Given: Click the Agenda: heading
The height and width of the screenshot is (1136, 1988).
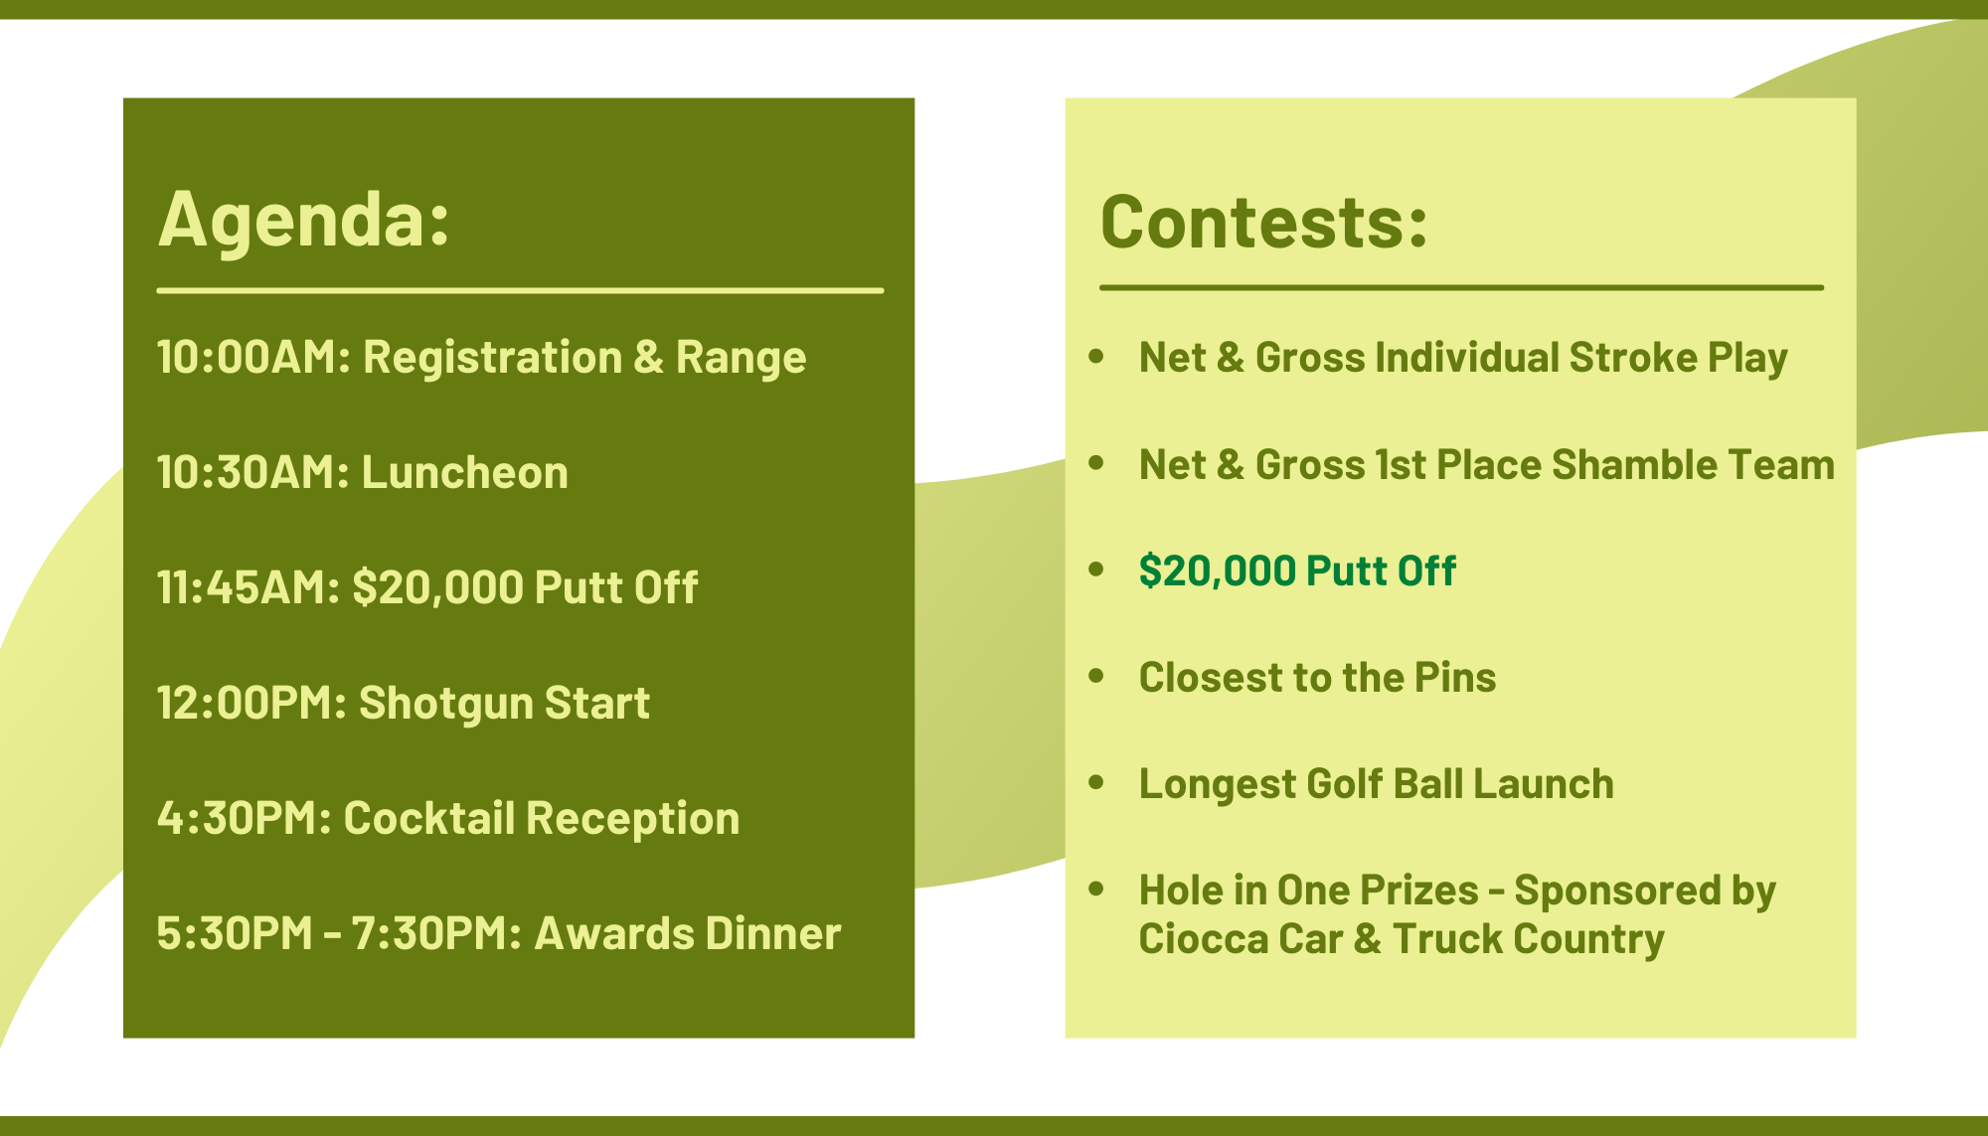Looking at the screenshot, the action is pyautogui.click(x=304, y=221).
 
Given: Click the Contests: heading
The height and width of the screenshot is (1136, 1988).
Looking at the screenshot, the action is pyautogui.click(x=1264, y=221).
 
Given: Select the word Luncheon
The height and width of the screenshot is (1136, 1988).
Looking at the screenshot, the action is pyautogui.click(x=465, y=472).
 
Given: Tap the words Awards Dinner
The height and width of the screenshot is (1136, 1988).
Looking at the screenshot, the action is pyautogui.click(x=688, y=933).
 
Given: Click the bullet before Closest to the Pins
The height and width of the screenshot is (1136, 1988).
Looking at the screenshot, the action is pyautogui.click(x=1096, y=677).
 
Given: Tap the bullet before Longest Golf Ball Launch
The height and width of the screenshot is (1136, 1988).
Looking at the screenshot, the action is pyautogui.click(x=1096, y=783).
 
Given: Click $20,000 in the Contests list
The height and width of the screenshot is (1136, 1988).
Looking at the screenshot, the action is pyautogui.click(x=1218, y=570).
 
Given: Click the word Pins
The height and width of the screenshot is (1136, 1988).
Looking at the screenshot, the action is pyautogui.click(x=1455, y=677).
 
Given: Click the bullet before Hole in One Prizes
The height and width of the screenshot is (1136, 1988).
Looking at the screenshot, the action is pyautogui.click(x=1096, y=890).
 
